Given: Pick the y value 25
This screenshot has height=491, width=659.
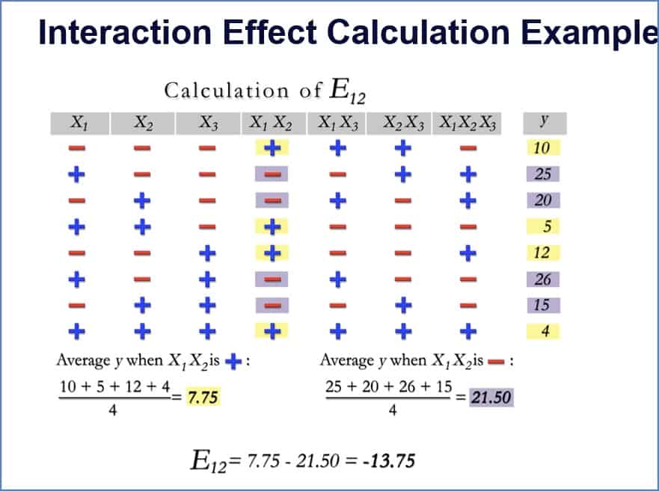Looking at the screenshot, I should [543, 174].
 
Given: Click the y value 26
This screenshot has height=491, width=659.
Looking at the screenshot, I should [543, 279].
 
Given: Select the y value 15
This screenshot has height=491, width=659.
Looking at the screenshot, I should [543, 305].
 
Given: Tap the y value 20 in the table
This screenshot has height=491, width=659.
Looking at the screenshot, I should [543, 200].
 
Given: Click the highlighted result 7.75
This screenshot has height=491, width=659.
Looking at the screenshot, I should [203, 398].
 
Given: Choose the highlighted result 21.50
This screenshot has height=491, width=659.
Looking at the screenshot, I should [491, 398].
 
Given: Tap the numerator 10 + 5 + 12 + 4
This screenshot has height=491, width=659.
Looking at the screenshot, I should [113, 387].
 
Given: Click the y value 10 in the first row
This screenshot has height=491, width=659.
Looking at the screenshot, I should [542, 148].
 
